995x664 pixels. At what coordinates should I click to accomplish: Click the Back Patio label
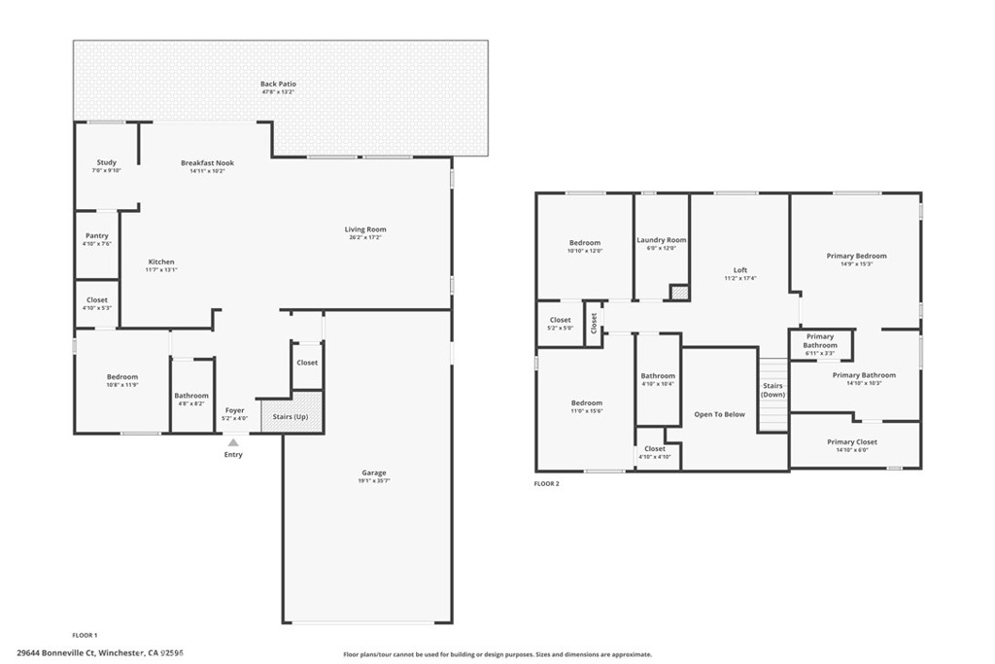(278, 85)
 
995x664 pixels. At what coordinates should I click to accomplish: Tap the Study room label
(107, 162)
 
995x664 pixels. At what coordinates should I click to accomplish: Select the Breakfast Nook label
(207, 163)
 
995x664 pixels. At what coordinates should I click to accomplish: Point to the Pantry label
(97, 236)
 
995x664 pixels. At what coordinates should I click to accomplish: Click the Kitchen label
(161, 262)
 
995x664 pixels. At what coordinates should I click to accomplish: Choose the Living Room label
(365, 230)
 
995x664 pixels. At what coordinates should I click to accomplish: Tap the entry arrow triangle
(233, 442)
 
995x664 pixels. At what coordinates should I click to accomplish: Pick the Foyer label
(235, 411)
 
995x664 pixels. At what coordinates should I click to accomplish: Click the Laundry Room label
(661, 240)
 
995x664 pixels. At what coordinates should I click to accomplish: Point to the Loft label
(740, 270)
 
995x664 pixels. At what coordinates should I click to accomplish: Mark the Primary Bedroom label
(856, 257)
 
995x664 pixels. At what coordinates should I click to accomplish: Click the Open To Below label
(719, 414)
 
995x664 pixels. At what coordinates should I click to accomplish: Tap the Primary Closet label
(852, 442)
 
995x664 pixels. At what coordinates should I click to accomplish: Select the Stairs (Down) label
(773, 390)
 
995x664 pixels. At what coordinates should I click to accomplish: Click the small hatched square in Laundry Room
(679, 292)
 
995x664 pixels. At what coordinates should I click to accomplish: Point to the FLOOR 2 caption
(547, 483)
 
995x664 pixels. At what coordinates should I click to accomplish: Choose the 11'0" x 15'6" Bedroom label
(586, 403)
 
